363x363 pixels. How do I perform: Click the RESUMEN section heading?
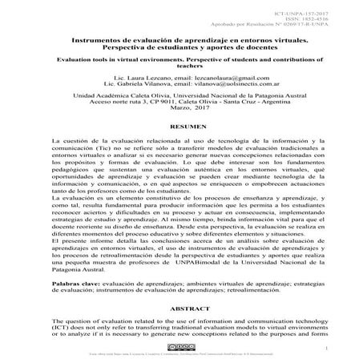(x=181, y=127)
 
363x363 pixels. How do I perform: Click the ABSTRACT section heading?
(x=181, y=308)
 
